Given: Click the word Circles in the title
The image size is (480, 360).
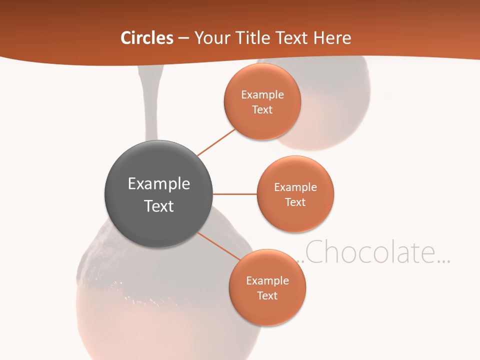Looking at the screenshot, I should click(x=146, y=38).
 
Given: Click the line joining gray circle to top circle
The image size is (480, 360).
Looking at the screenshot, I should click(x=216, y=142).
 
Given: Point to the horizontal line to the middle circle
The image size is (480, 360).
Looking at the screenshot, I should click(x=235, y=194).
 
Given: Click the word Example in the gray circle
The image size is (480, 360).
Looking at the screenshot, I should click(x=159, y=183).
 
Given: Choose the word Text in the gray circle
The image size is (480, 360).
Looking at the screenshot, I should click(x=159, y=206).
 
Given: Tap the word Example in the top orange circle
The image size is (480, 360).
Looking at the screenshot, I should click(x=262, y=94).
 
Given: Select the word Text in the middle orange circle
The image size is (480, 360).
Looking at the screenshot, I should click(x=295, y=202).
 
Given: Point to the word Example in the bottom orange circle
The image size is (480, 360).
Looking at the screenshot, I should click(x=267, y=280).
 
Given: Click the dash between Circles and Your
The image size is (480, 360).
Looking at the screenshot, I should click(x=183, y=38).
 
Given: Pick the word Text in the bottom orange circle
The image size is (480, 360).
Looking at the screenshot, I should click(x=267, y=295).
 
